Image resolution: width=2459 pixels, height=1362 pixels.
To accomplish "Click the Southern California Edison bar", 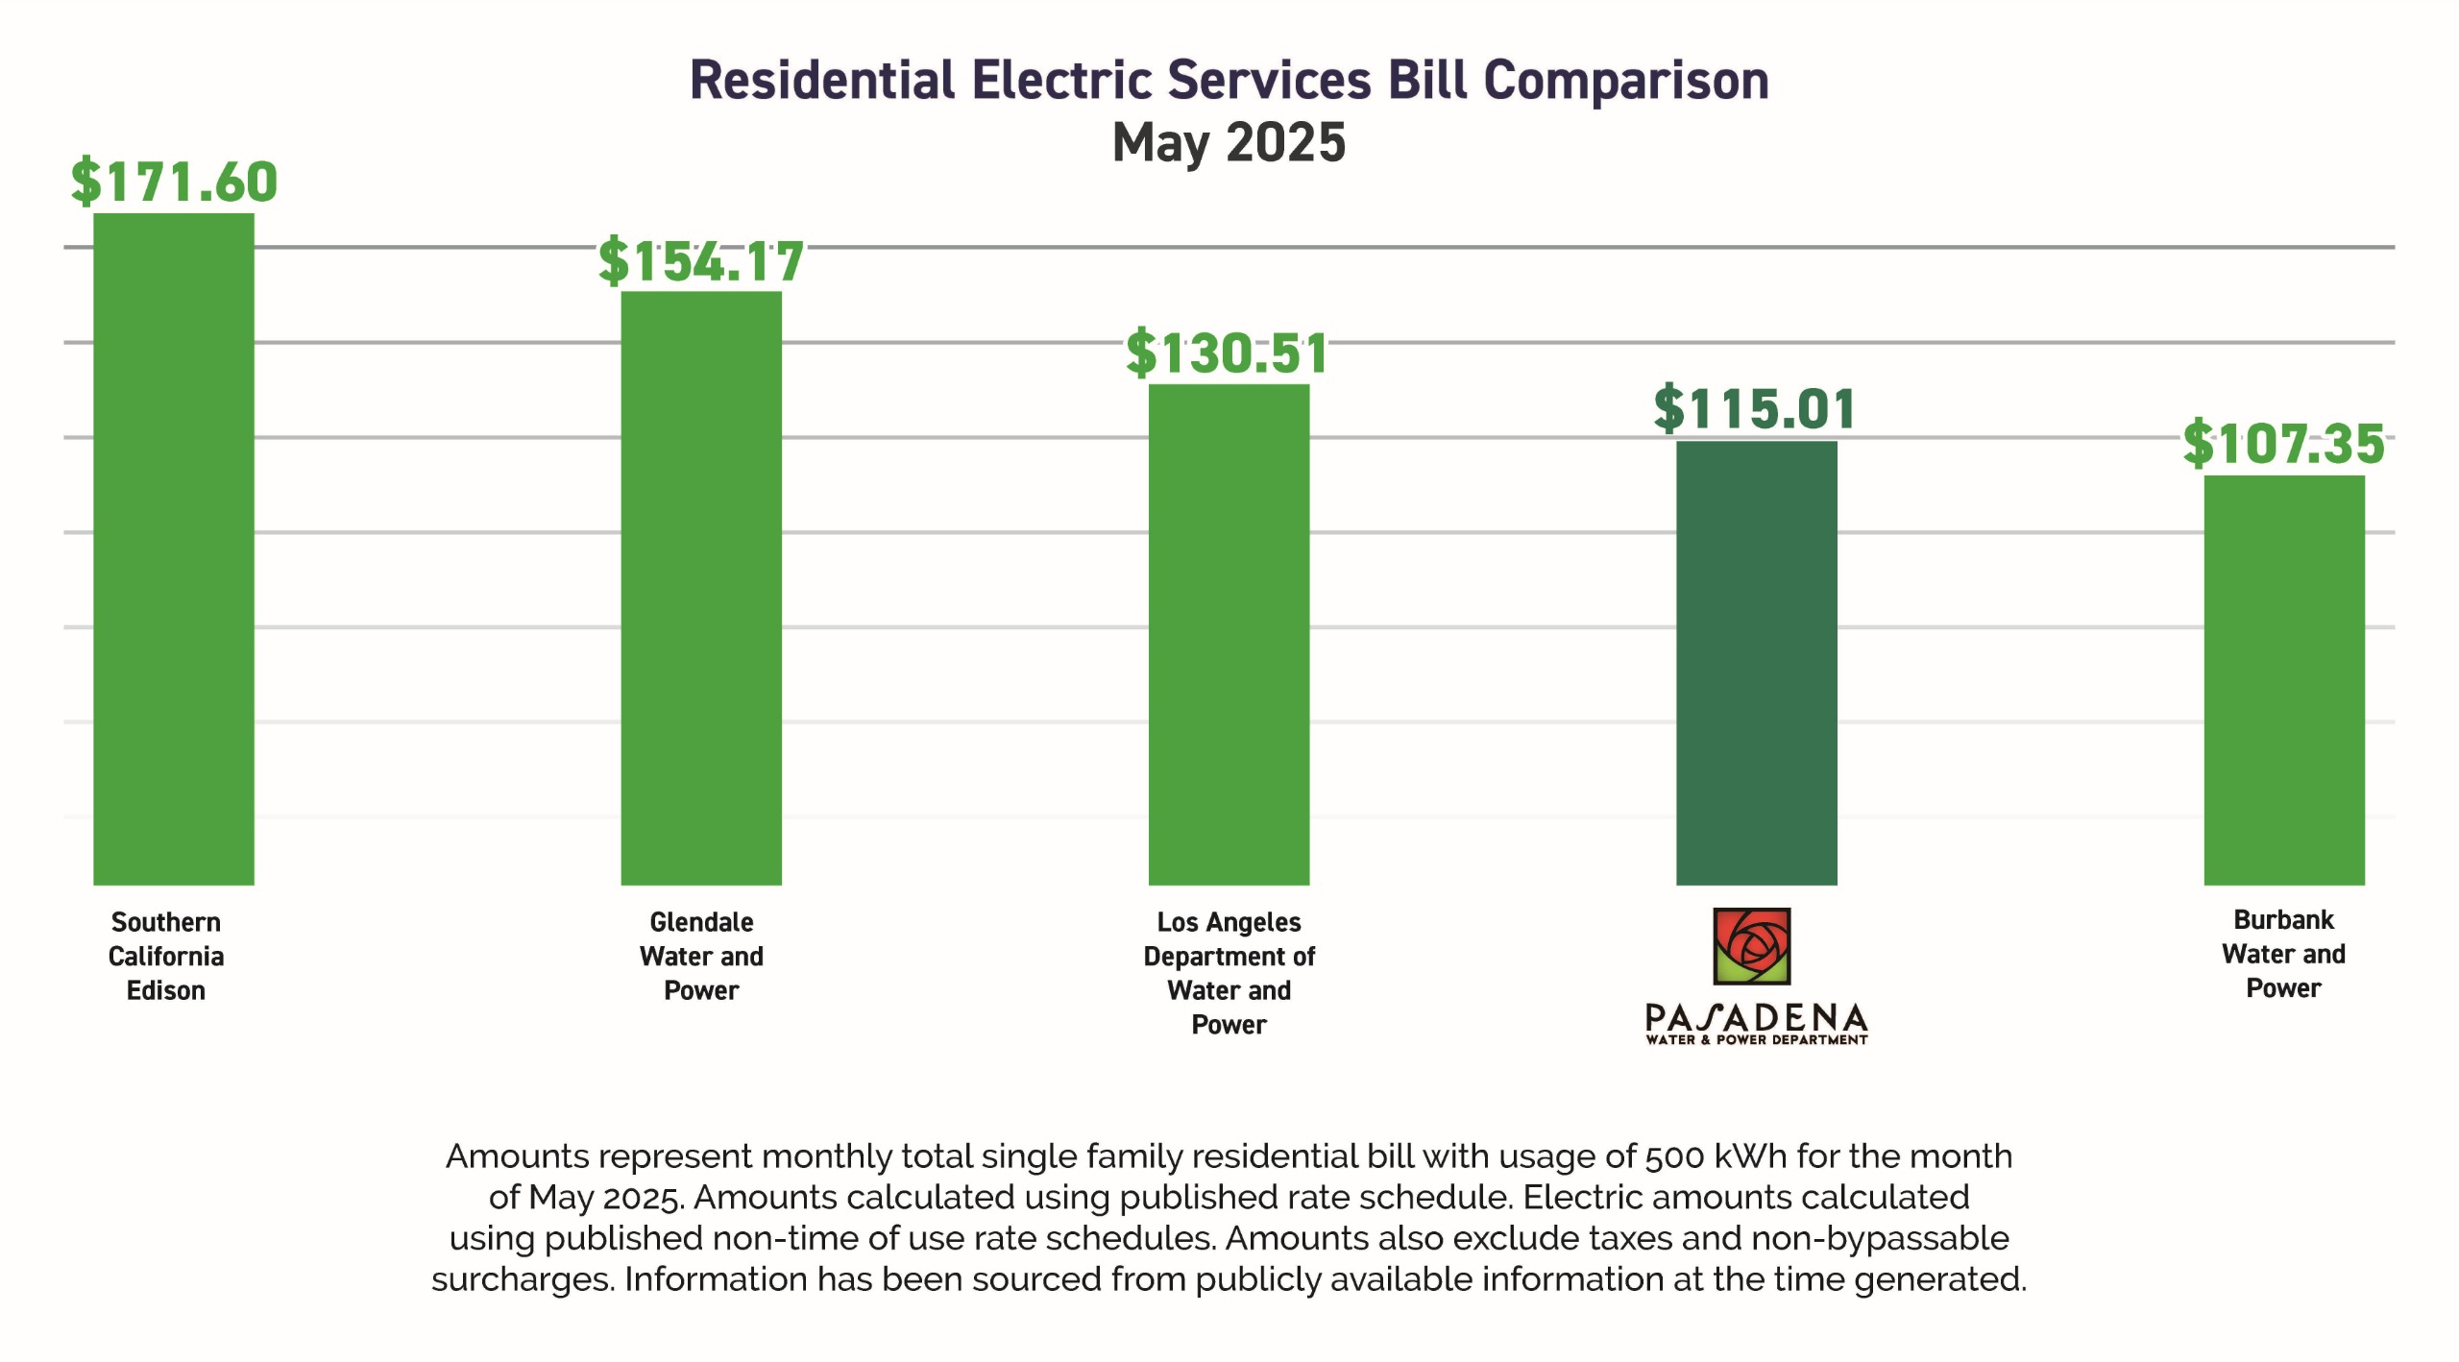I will tap(174, 547).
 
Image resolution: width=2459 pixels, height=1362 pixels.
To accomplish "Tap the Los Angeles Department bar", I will tap(1229, 634).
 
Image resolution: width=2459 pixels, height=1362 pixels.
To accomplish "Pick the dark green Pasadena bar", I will tap(1756, 663).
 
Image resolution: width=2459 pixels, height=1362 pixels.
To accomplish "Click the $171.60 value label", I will tap(174, 181).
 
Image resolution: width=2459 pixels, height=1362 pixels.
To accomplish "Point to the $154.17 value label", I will tap(701, 261).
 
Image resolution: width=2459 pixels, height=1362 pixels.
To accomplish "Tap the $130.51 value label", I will tap(1228, 353).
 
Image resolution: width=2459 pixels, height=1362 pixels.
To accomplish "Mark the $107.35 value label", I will tap(2283, 444).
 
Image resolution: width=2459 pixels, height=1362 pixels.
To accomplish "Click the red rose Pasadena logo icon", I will tap(1752, 946).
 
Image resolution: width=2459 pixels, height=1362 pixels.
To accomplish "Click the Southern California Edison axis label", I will tap(166, 956).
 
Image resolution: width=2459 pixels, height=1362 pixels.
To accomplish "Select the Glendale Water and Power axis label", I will tap(701, 956).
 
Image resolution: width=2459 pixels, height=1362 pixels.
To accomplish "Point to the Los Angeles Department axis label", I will tap(1229, 973).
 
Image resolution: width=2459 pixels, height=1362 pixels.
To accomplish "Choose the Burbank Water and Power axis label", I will tap(2283, 954).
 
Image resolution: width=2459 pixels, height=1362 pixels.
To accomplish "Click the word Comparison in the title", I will tap(1625, 80).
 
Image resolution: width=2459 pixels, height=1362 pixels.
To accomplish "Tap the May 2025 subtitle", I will tap(1229, 142).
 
